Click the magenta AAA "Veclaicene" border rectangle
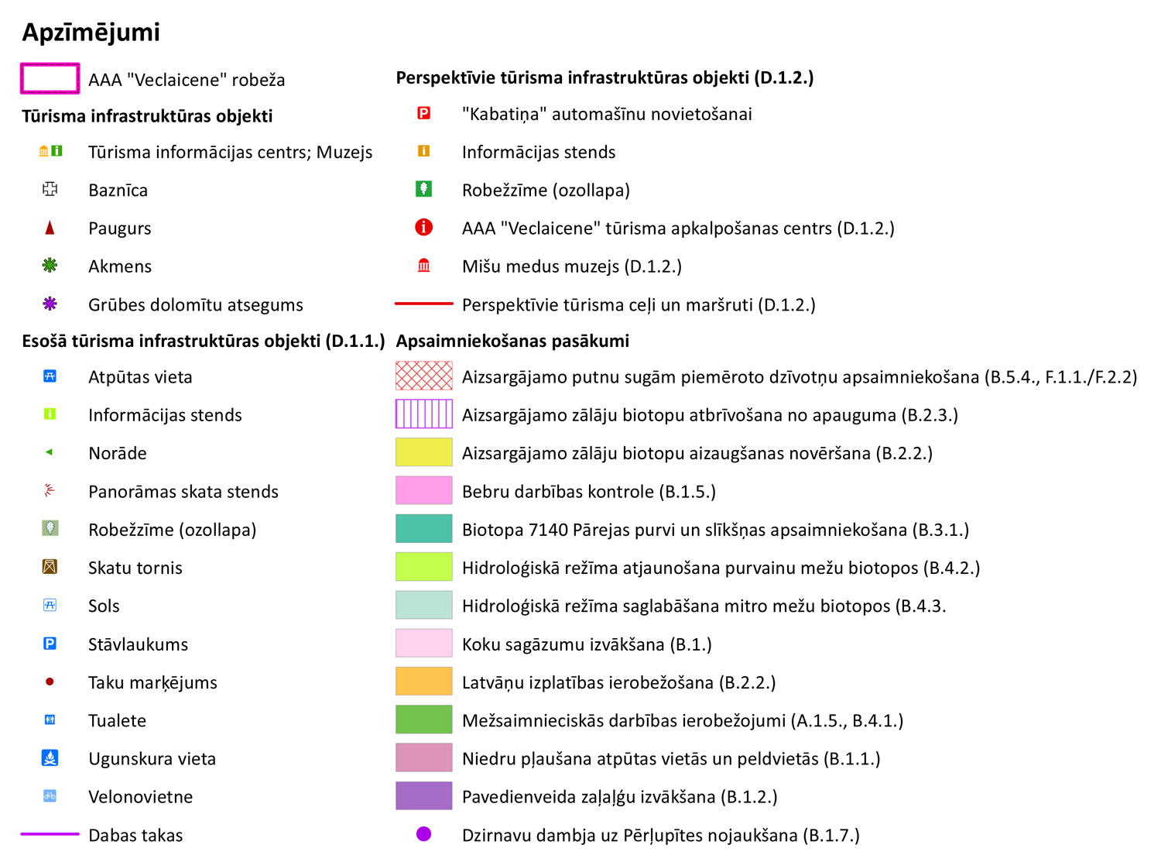pyautogui.click(x=50, y=79)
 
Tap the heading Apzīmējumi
pyautogui.click(x=91, y=32)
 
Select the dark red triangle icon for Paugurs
pyautogui.click(x=50, y=228)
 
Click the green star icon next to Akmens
pyautogui.click(x=50, y=266)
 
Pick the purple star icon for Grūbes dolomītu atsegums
pyautogui.click(x=50, y=304)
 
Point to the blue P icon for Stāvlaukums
pyautogui.click(x=50, y=644)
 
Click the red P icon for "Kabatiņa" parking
pyautogui.click(x=423, y=113)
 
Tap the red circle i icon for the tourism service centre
pyautogui.click(x=423, y=228)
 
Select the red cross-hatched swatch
pyautogui.click(x=423, y=376)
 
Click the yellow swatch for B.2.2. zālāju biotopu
pyautogui.click(x=423, y=452)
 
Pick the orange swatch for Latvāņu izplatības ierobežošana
pyautogui.click(x=423, y=682)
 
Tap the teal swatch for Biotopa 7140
pyautogui.click(x=423, y=529)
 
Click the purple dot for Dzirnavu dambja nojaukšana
pyautogui.click(x=423, y=834)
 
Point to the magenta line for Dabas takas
pyautogui.click(x=50, y=834)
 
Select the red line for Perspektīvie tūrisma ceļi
pyautogui.click(x=423, y=304)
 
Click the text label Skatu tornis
pyautogui.click(x=135, y=568)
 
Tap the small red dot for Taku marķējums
pyautogui.click(x=50, y=682)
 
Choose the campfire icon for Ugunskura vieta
pyautogui.click(x=50, y=757)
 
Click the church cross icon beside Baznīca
pyautogui.click(x=50, y=189)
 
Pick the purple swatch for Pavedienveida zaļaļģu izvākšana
pyautogui.click(x=423, y=796)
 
